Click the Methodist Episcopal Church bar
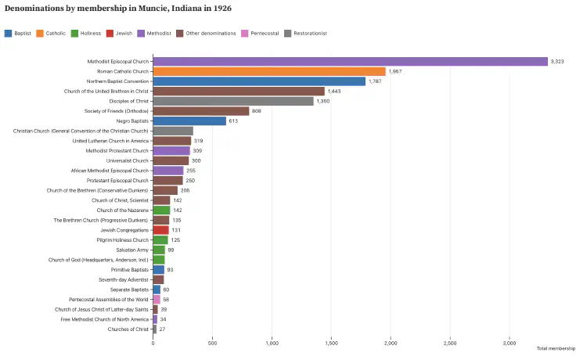350,61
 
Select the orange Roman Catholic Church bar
269,71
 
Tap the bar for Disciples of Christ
233,101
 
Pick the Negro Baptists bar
189,121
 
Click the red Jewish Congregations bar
160,230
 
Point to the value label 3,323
557,61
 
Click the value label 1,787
375,81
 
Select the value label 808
257,111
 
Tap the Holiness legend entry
85,33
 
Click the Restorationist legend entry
306,33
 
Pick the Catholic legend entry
51,33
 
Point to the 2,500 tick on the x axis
450,343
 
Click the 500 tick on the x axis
212,343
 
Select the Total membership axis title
556,348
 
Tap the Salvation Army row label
131,250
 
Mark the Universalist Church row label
127,160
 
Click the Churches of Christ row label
128,329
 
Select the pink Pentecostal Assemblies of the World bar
157,300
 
